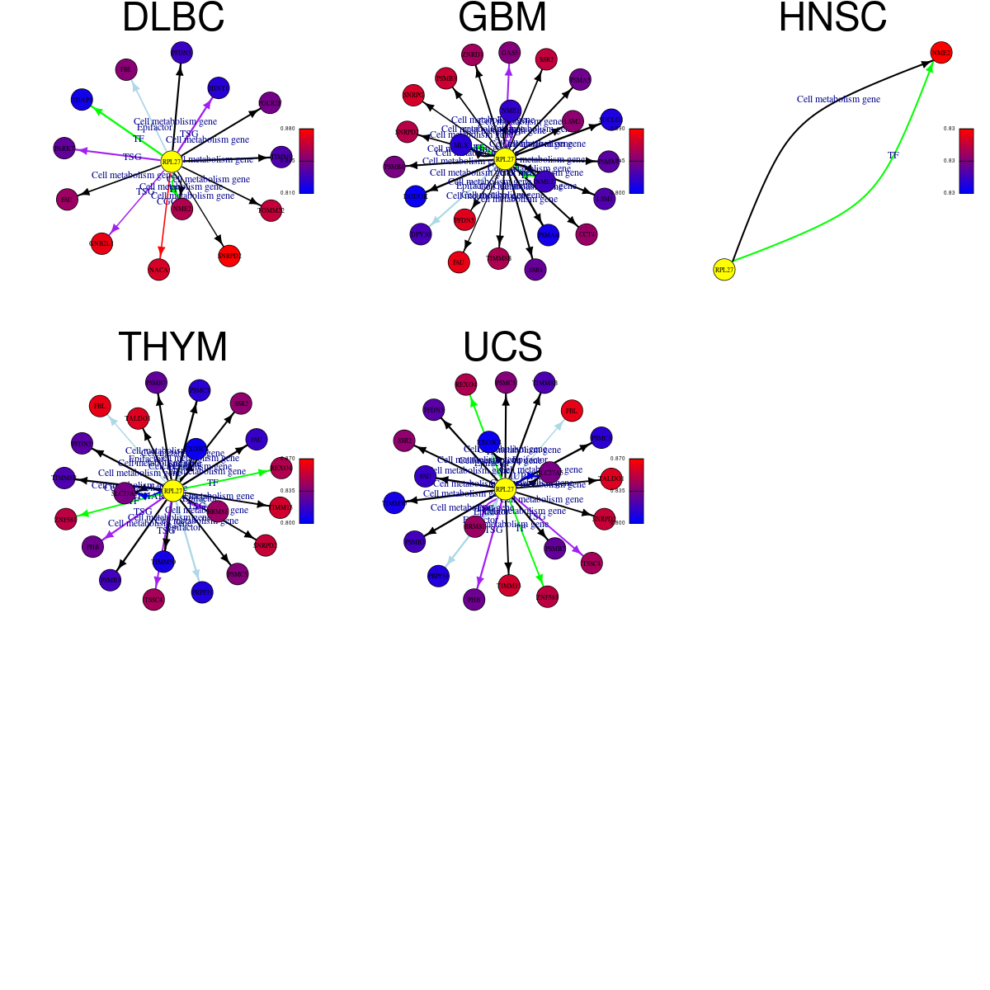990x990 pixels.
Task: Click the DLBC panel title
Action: [x=173, y=18]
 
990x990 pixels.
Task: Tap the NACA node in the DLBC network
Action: [x=158, y=269]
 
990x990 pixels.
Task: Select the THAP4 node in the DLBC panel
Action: [x=82, y=100]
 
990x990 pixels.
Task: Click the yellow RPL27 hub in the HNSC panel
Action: [x=724, y=269]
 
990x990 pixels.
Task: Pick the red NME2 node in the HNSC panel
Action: [x=941, y=53]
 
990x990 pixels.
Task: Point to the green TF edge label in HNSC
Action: [x=893, y=155]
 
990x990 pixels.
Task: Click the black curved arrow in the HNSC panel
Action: [x=792, y=124]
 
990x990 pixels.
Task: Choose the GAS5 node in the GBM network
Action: [x=510, y=53]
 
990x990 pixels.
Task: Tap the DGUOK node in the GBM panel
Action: [x=415, y=196]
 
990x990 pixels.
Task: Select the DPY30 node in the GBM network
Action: [x=420, y=234]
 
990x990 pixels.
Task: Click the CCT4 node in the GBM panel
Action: [x=587, y=234]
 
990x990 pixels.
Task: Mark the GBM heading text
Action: [x=502, y=18]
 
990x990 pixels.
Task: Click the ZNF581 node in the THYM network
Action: [x=65, y=519]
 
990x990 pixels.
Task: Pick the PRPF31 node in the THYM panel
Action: [x=202, y=592]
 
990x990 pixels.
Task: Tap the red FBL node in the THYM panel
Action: [x=100, y=406]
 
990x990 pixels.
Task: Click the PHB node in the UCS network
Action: [x=474, y=599]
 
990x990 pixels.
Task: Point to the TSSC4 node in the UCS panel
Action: [x=592, y=563]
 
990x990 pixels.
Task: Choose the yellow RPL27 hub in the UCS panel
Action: [x=505, y=489]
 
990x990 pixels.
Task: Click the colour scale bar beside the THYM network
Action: [x=306, y=491]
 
